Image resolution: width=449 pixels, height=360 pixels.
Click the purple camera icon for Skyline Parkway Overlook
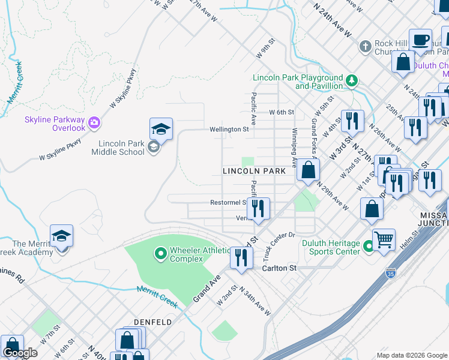94,124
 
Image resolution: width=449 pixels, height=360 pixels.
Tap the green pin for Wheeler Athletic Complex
160,254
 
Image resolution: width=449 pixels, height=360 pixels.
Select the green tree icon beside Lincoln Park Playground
353,80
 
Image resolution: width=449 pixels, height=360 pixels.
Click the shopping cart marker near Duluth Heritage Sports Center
384,239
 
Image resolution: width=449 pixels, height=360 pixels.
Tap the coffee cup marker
421,40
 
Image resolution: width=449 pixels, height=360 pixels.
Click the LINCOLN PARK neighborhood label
254,171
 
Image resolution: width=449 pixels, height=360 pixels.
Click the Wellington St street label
229,129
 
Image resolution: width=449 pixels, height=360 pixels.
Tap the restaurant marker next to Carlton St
241,259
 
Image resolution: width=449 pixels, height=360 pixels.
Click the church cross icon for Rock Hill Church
365,47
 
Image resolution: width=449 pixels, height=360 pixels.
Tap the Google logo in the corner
20,353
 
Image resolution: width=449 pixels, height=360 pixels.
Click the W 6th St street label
282,112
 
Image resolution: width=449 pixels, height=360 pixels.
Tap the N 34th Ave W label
255,301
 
